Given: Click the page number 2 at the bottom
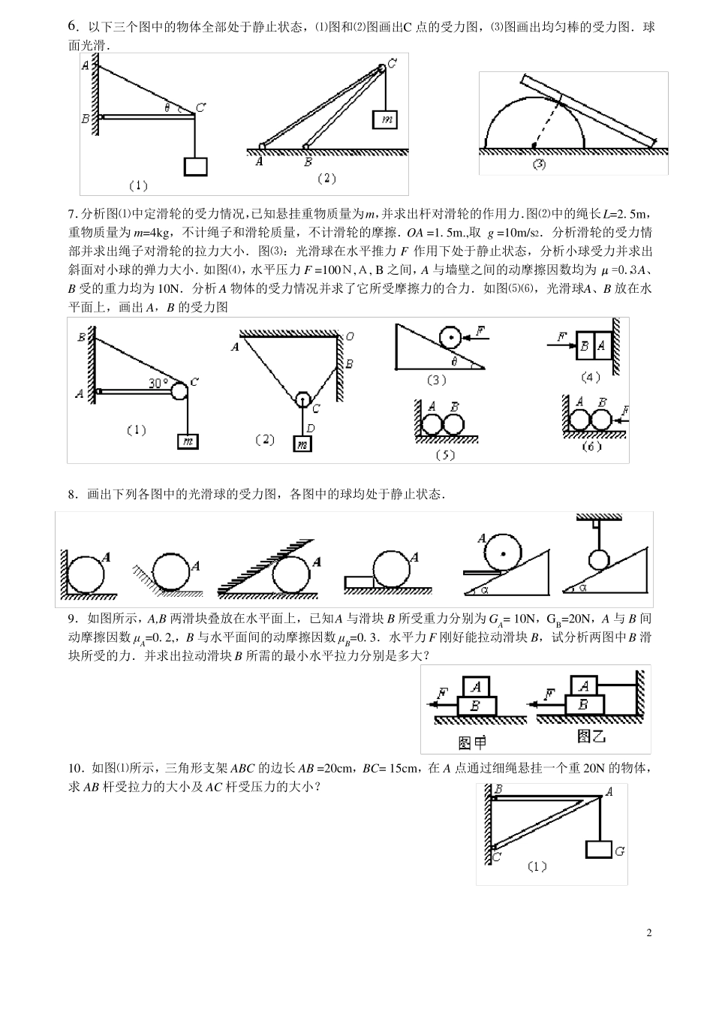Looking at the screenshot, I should click(649, 933).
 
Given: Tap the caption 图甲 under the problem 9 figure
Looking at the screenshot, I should click(472, 742).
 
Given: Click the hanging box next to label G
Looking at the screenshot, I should click(598, 849).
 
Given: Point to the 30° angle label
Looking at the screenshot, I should click(158, 383).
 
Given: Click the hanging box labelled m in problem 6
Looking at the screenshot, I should click(384, 119).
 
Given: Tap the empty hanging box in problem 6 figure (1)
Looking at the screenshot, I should click(196, 166).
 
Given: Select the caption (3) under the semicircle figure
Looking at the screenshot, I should click(539, 164).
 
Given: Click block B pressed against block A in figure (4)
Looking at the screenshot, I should click(584, 346).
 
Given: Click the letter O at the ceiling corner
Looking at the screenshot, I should click(350, 337).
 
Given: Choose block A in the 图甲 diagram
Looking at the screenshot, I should click(475, 686).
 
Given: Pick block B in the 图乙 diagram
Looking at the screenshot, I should click(582, 704).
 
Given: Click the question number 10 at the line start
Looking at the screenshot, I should click(74, 768).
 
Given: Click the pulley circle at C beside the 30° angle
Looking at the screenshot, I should click(180, 390).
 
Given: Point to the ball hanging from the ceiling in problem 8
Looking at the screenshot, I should click(598, 560).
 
